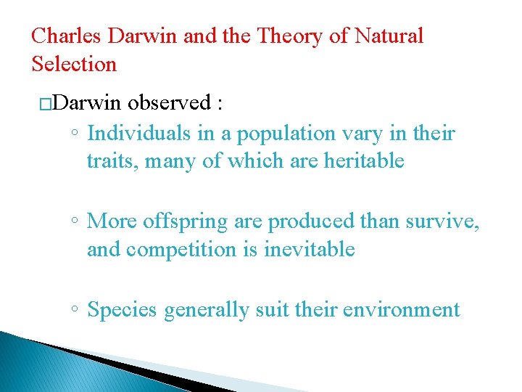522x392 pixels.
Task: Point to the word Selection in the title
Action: (74, 64)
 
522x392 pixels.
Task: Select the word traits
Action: (112, 162)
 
